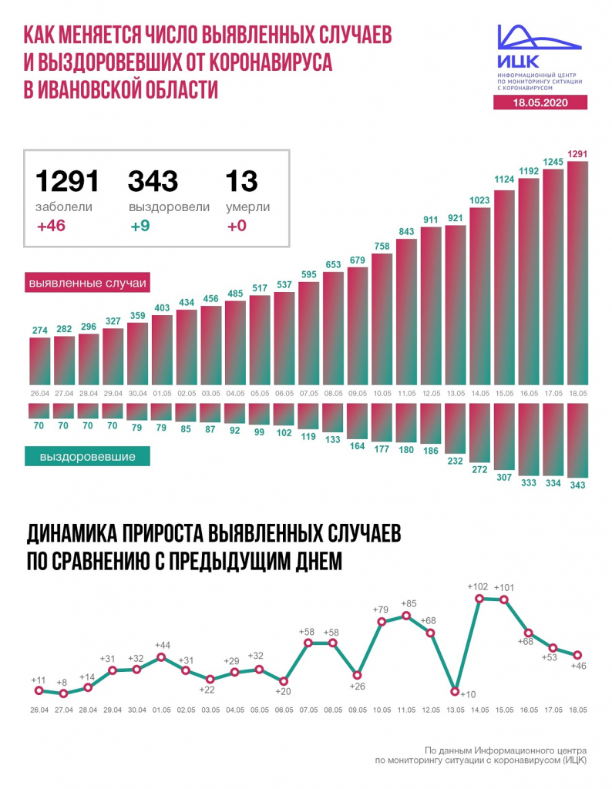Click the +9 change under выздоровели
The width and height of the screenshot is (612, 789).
[140, 227]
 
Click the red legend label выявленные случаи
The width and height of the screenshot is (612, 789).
[87, 283]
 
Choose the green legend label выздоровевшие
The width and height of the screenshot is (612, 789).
[87, 457]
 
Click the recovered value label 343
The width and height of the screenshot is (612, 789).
[578, 485]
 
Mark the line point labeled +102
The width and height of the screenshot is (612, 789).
[480, 597]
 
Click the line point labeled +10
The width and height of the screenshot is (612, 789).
[456, 691]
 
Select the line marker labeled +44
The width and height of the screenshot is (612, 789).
[162, 657]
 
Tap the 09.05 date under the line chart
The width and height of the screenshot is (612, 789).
[357, 710]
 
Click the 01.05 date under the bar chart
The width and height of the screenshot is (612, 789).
[162, 393]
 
